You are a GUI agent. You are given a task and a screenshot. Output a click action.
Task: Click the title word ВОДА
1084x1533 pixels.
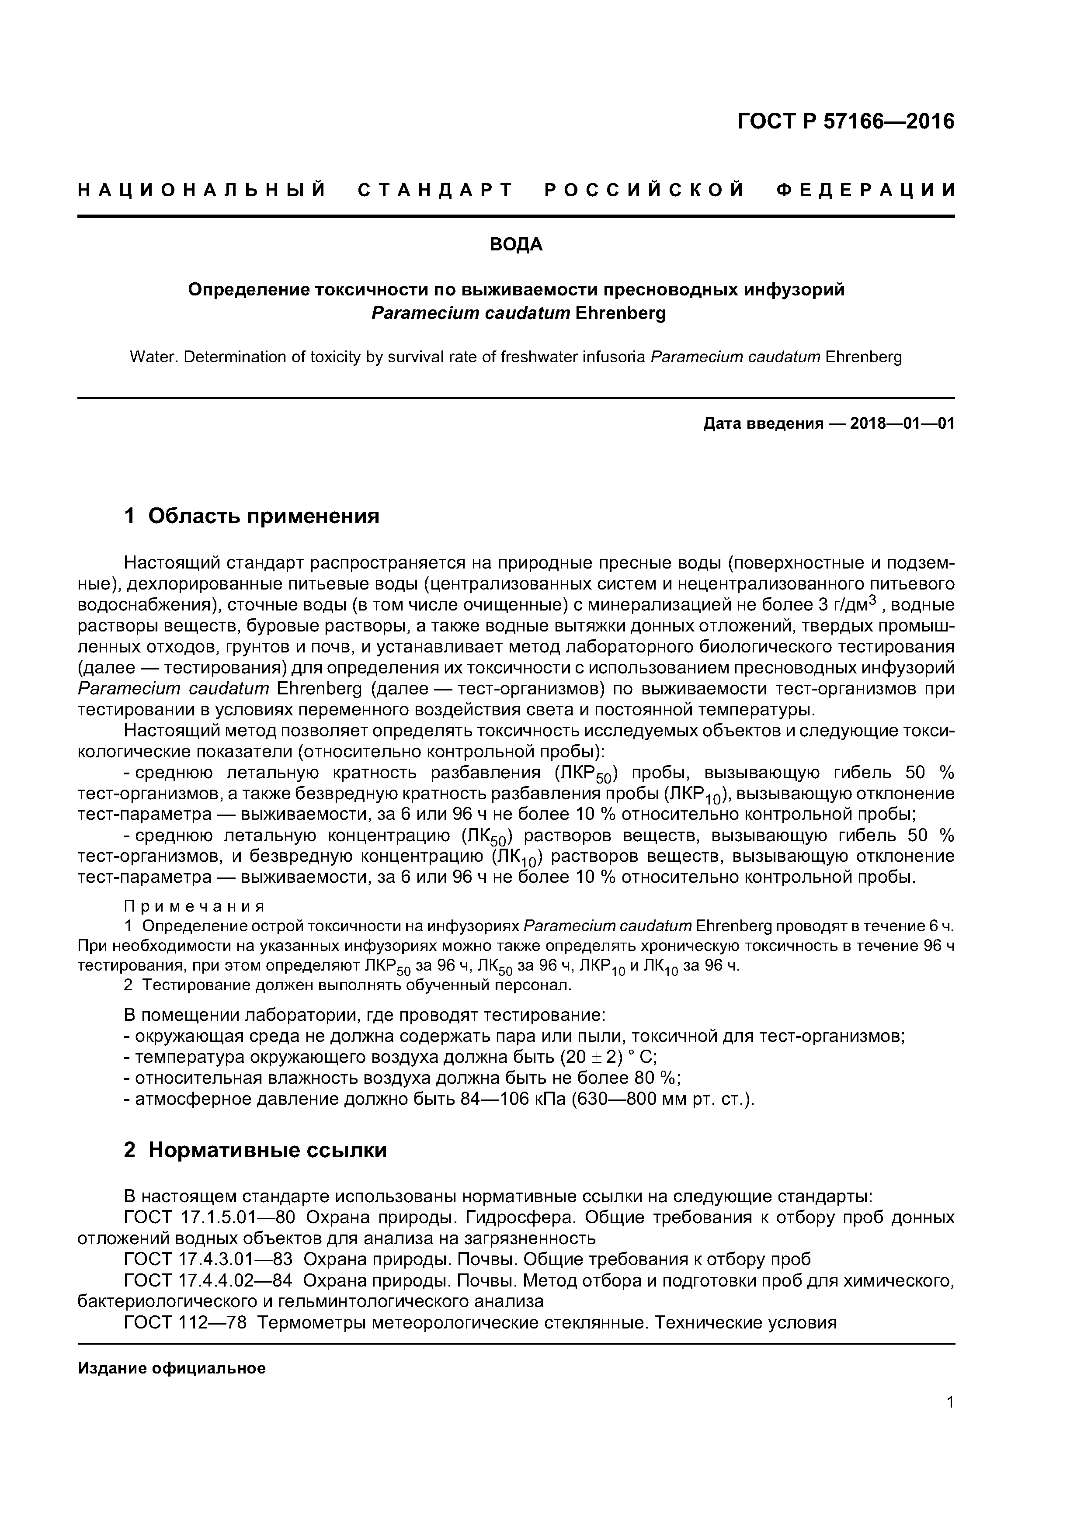click(x=516, y=245)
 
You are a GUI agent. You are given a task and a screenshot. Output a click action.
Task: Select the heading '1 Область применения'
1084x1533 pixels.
click(x=252, y=516)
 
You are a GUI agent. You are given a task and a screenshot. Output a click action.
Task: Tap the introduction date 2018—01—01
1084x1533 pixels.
click(x=902, y=423)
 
